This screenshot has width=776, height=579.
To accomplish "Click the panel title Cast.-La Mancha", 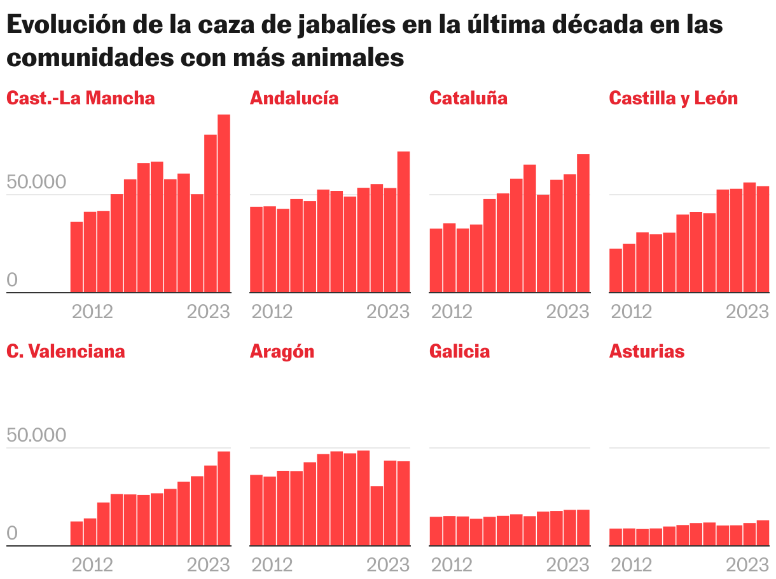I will point(81,98).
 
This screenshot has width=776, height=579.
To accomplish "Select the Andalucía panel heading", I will point(294,98).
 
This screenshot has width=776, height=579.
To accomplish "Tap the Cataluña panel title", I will point(468,98).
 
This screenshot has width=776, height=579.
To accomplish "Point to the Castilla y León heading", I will point(674,98).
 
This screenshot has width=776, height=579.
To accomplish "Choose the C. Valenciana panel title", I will point(66,351).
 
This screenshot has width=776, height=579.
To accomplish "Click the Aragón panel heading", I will point(282,351).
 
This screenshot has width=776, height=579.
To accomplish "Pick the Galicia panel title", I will point(459,351).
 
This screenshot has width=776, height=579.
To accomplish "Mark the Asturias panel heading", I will point(647,351).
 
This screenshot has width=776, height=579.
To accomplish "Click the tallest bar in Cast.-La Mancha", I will point(224,204).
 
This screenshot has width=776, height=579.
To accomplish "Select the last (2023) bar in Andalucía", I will point(404,223).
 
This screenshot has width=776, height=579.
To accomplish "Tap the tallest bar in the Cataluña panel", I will point(583,224).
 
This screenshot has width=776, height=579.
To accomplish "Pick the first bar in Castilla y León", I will point(616,270).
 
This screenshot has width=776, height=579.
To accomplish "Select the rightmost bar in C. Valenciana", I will point(224,499).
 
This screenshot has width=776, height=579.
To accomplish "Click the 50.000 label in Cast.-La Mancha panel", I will point(36,182).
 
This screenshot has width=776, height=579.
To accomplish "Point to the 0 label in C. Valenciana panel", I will point(12,534).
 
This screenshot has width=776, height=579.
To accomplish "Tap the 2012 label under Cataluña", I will point(452,312).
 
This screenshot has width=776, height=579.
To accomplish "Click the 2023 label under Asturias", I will point(748,565).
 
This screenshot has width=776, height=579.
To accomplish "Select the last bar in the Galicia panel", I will point(583,528).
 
